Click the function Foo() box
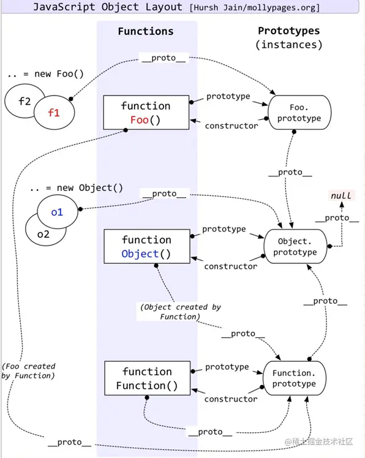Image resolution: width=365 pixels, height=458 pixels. click(x=146, y=113)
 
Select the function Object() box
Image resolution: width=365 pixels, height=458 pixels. click(x=146, y=247)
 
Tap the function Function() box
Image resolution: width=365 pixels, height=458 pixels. click(x=146, y=378)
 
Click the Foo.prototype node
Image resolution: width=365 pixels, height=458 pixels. click(x=299, y=112)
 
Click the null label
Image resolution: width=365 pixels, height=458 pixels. click(x=341, y=195)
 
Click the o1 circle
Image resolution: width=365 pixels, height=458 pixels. click(x=57, y=212)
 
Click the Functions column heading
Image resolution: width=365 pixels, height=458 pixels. click(x=146, y=31)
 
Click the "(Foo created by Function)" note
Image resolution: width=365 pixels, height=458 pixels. click(x=29, y=371)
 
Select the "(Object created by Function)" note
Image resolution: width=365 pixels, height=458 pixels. click(x=180, y=312)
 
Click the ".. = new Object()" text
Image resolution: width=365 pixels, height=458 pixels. click(x=75, y=187)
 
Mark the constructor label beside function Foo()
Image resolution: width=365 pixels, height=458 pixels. click(x=231, y=126)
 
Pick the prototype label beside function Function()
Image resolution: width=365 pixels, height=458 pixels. click(x=227, y=367)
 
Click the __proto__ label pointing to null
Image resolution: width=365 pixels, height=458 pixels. click(x=337, y=218)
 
